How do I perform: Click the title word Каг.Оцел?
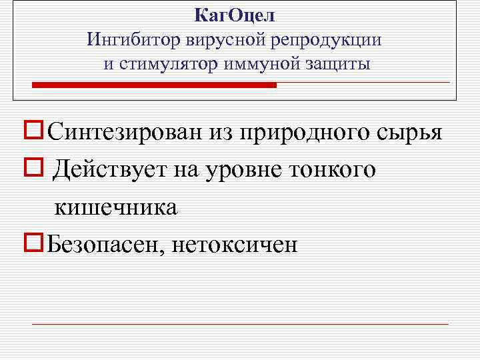click(x=234, y=14)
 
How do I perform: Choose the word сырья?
click(x=410, y=133)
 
